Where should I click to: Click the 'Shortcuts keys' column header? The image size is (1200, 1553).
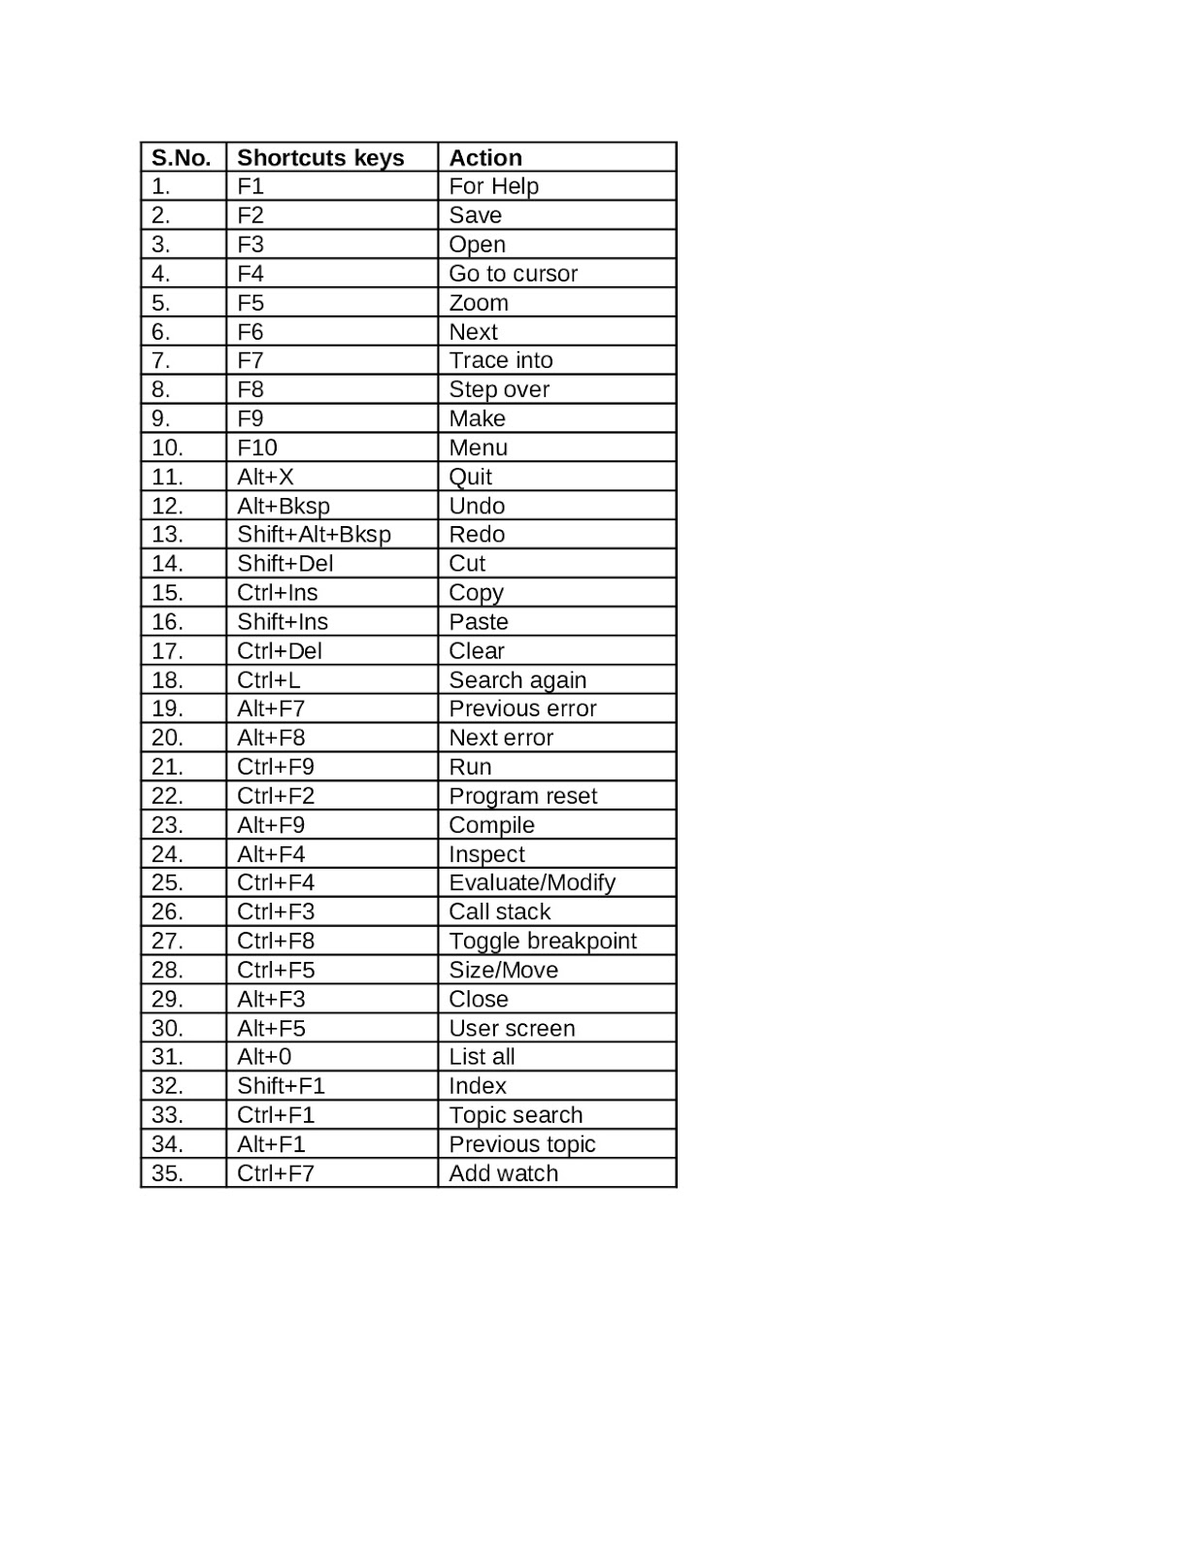320,158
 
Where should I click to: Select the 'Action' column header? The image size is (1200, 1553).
485,158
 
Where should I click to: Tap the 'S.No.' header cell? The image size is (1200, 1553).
182,158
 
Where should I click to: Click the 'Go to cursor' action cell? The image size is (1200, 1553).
513,274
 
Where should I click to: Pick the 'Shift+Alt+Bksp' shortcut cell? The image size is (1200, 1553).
314,535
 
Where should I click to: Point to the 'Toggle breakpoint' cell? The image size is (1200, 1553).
543,942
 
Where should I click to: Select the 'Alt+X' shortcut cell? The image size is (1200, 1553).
265,478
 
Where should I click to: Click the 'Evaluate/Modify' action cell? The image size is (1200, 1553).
532,883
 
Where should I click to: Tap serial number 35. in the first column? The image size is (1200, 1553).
167,1173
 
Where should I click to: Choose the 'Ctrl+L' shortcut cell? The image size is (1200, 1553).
269,680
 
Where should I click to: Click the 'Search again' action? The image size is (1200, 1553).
517,680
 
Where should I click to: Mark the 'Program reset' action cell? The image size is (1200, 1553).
522,797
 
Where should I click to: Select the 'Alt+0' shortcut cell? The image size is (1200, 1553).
264,1057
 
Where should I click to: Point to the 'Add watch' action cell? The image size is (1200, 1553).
503,1173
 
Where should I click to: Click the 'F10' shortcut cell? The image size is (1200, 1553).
257,448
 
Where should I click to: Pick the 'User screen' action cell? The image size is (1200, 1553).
512,1029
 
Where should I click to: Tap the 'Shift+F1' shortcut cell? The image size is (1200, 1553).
281,1086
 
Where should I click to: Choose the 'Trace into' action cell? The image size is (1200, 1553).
500,361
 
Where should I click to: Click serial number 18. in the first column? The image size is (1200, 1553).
167,680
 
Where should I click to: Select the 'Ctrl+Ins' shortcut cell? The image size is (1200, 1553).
277,593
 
